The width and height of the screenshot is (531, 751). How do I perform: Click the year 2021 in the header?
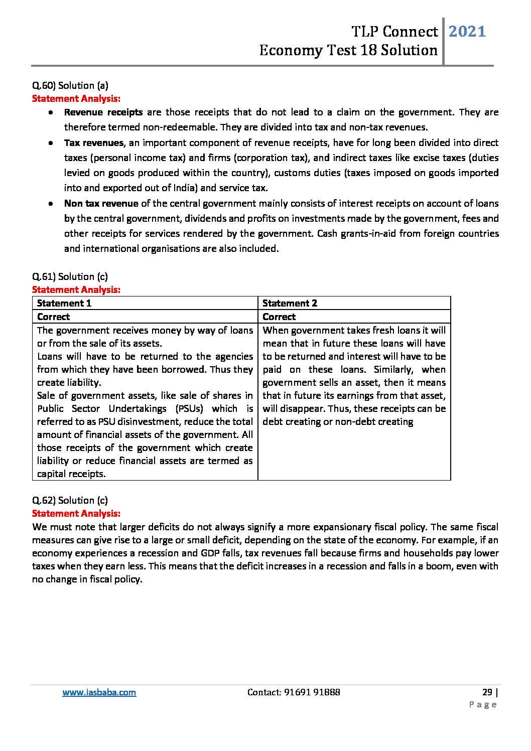pyautogui.click(x=467, y=32)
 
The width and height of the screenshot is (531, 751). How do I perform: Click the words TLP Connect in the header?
pyautogui.click(x=394, y=32)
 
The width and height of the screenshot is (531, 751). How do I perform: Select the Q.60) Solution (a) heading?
pyautogui.click(x=70, y=85)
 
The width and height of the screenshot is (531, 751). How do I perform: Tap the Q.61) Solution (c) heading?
pyautogui.click(x=70, y=276)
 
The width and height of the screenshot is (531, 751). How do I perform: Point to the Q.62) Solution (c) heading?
pyautogui.click(x=70, y=500)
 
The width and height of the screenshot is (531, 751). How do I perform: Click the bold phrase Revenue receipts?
pyautogui.click(x=103, y=112)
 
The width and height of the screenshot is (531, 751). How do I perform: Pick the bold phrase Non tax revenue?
pyautogui.click(x=101, y=204)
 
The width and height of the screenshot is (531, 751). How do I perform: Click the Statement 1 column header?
pyautogui.click(x=64, y=303)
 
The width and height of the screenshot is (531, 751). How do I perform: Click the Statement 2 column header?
pyautogui.click(x=290, y=303)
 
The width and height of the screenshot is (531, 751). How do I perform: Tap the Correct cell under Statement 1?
pyautogui.click(x=54, y=317)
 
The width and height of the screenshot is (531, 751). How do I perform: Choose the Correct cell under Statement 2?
pyautogui.click(x=279, y=317)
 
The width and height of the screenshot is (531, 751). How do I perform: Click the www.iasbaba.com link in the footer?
pyautogui.click(x=99, y=692)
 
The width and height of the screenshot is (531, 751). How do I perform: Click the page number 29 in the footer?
pyautogui.click(x=487, y=692)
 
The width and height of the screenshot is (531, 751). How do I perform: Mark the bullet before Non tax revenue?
pyautogui.click(x=51, y=204)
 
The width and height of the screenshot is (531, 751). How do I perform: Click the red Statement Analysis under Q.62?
pyautogui.click(x=76, y=513)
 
